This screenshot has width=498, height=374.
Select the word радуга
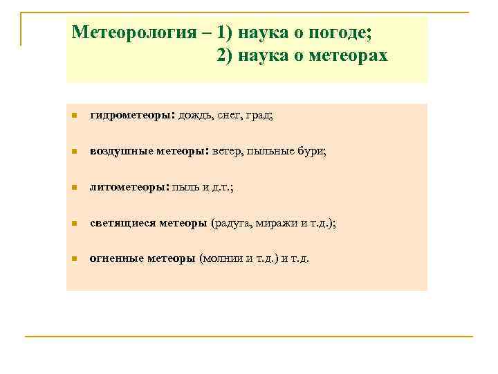[233, 223]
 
